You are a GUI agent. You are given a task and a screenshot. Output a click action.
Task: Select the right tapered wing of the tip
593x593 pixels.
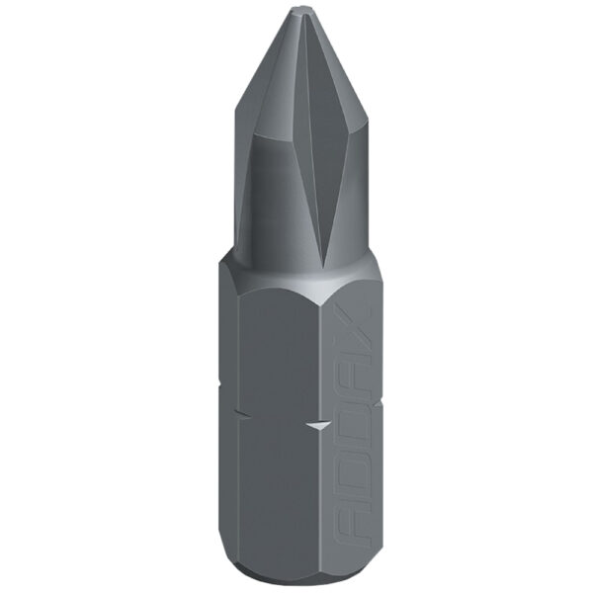tap(341, 128)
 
